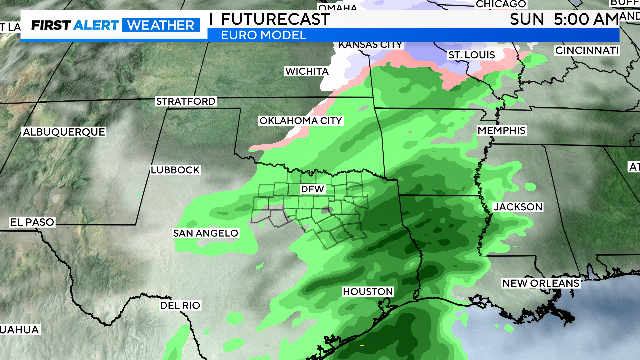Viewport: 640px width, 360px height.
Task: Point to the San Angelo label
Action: click(206, 233)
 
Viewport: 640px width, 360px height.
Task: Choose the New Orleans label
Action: click(541, 284)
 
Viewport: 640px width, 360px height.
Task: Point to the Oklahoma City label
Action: click(301, 120)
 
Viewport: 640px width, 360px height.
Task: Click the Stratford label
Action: click(185, 102)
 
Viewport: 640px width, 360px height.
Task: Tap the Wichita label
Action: click(306, 72)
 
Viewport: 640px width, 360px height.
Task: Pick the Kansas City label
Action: click(371, 45)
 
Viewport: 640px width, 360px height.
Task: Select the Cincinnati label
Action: click(587, 50)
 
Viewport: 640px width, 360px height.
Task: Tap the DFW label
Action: click(313, 189)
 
